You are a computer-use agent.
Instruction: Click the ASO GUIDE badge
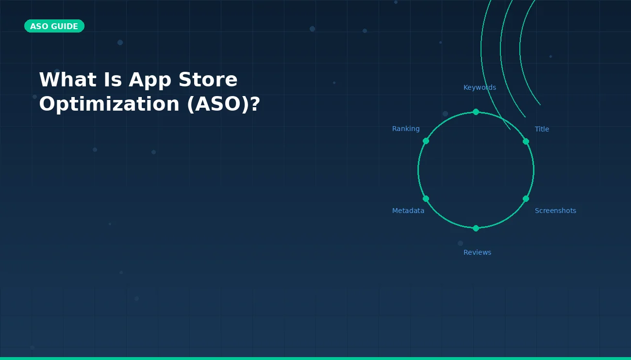[54, 26]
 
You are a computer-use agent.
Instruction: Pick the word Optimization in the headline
[109, 104]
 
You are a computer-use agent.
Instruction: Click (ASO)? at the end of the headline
[223, 104]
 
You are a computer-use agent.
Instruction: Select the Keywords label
[480, 88]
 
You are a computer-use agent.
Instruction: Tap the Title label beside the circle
[542, 129]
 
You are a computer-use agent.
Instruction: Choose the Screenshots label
[555, 211]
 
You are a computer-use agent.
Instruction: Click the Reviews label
[477, 252]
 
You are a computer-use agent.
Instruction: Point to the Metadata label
[408, 211]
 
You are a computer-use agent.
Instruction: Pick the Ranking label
[406, 129]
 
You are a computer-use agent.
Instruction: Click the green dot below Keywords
[476, 112]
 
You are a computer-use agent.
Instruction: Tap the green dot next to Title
[526, 141]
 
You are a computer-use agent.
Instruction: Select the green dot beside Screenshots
[526, 198]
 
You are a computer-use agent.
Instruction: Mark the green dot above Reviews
[476, 228]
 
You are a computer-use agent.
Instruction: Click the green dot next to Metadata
[426, 198]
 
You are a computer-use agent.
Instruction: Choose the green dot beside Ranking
[426, 141]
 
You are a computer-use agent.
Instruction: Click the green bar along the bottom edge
[315, 358]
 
